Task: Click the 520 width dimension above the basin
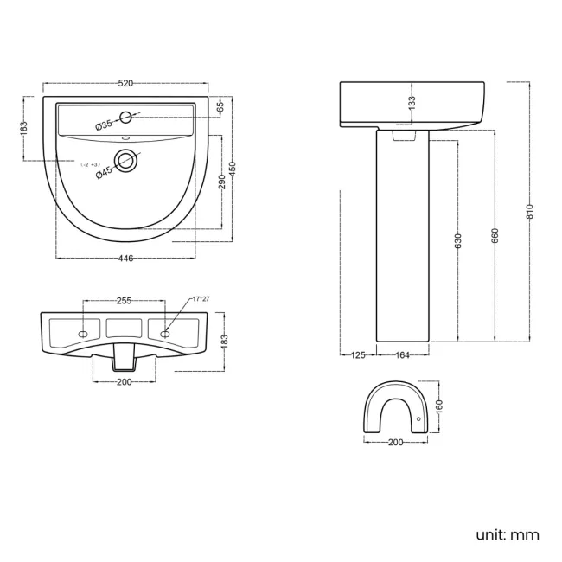(125, 84)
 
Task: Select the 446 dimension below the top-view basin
(125, 257)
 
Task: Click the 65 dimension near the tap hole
(220, 106)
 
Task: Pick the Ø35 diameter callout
(104, 125)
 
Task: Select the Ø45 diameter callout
(104, 172)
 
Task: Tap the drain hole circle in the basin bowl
(128, 159)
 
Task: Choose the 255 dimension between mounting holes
(124, 300)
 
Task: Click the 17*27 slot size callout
(201, 299)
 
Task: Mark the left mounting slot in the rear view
(83, 333)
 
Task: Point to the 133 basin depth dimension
(412, 103)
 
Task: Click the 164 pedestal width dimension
(402, 354)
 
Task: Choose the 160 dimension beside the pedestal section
(438, 406)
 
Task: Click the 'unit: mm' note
(508, 534)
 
